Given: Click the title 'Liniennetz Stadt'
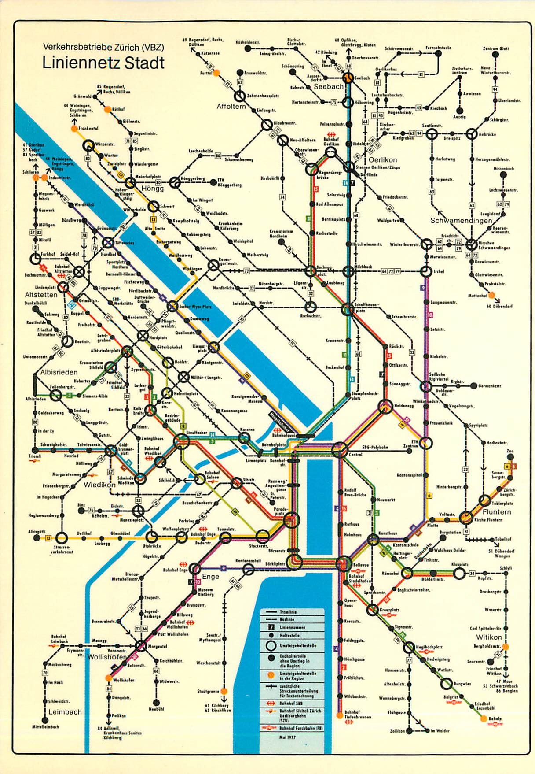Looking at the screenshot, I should (x=103, y=63).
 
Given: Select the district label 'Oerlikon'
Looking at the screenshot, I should (x=382, y=160).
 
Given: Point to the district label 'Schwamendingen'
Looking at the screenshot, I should (x=461, y=220).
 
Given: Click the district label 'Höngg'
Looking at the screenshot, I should (x=152, y=188).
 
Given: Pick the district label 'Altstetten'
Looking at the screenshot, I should (x=41, y=294).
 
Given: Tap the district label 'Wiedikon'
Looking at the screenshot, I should (x=99, y=485).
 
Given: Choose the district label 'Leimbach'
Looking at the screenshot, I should (x=65, y=712).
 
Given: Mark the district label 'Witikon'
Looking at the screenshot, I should (x=489, y=637).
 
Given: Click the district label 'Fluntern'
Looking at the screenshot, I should (x=497, y=512).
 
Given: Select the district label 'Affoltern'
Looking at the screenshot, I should (x=231, y=106).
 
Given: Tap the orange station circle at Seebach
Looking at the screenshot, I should (x=348, y=78).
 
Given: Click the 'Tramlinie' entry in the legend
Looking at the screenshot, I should (x=288, y=612).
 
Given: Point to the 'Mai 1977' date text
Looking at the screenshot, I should (x=287, y=737).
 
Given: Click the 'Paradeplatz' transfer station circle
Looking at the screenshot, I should (x=291, y=522).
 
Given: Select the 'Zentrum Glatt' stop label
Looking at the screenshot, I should (x=495, y=48).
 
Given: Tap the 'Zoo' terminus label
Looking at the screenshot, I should (x=510, y=452).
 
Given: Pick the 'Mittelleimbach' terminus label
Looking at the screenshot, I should (x=45, y=727).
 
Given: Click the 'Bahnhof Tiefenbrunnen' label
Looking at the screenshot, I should (x=357, y=715).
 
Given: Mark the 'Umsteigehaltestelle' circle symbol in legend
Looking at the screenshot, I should (x=271, y=646).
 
